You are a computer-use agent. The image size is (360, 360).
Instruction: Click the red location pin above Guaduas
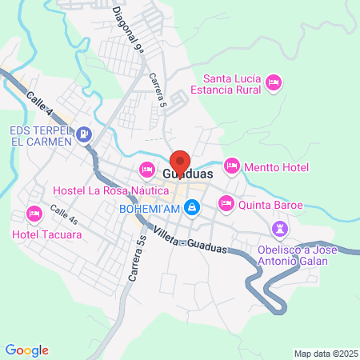click(x=180, y=160)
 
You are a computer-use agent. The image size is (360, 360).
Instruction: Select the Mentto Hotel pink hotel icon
click(x=231, y=165)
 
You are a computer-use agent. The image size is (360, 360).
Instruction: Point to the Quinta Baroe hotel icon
click(x=226, y=204)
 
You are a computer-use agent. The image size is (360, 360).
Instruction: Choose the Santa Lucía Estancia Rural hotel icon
click(x=274, y=82)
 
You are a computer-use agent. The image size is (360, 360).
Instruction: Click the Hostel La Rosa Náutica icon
click(x=146, y=169)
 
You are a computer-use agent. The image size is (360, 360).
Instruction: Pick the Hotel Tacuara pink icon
click(x=34, y=214)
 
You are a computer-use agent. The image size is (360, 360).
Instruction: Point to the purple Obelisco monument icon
click(x=279, y=230)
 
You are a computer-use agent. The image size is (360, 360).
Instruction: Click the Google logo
click(x=27, y=350)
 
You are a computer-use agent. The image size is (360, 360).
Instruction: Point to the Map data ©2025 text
click(x=324, y=353)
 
